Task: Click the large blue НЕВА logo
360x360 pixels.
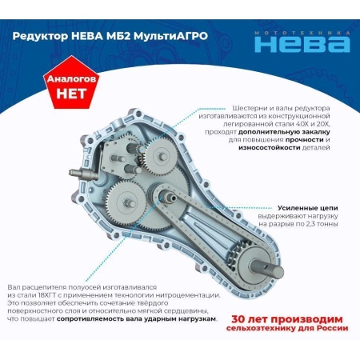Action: [x=302, y=44]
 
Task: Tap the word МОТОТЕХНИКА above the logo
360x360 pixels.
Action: [x=302, y=33]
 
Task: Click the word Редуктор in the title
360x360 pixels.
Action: [x=40, y=36]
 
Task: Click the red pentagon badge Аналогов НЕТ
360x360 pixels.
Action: [x=71, y=82]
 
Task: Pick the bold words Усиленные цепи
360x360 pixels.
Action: [x=307, y=208]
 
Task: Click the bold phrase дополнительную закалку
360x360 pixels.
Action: [x=284, y=132]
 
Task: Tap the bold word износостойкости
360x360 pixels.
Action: [x=270, y=147]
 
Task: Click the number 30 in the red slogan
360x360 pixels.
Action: [x=238, y=319]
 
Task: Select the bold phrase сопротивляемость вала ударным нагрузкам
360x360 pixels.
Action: [x=136, y=319]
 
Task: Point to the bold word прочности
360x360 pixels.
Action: [x=305, y=140]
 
